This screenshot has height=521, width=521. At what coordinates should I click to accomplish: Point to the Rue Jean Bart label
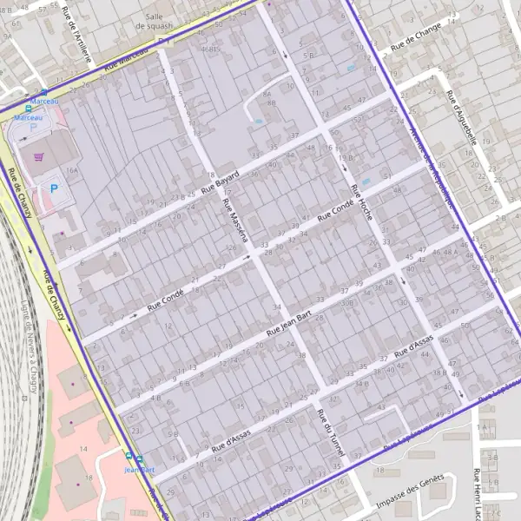point(288,321)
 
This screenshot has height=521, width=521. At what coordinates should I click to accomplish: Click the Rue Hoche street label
point(361,201)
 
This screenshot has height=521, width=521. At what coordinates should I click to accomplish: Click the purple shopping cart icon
point(38,157)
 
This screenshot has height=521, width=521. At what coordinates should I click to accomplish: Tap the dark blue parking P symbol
point(54,188)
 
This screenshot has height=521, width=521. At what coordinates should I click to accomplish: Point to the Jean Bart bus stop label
point(139,469)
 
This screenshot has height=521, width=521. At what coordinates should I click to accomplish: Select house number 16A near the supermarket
point(72,171)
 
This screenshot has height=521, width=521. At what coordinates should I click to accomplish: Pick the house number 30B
point(346,302)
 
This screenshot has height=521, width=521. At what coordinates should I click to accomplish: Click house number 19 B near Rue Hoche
point(346,158)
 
